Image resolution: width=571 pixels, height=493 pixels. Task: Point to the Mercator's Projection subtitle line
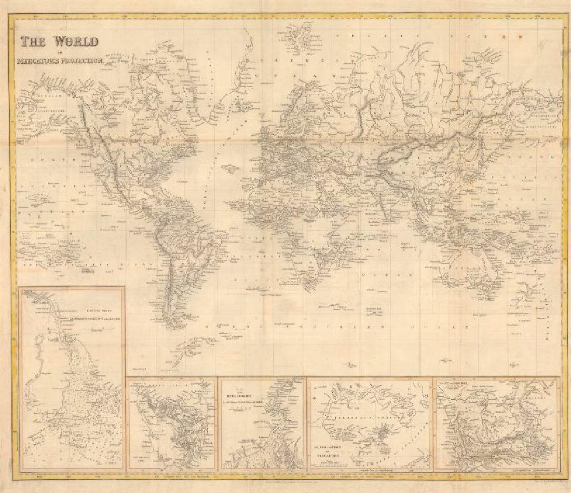coord(61,61)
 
